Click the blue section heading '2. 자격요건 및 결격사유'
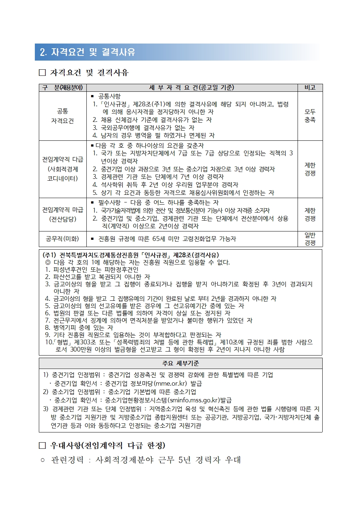(87, 52)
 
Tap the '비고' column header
(310, 88)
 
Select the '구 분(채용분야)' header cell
(62, 88)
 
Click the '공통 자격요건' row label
(62, 116)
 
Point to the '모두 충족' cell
(310, 116)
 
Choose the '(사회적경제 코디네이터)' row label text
(62, 174)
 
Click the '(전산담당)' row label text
(62, 219)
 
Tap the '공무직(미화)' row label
(62, 239)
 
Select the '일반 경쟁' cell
(310, 239)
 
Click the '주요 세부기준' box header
(180, 363)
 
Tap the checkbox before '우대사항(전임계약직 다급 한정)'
(42, 446)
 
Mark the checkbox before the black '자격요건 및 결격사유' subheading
(42, 73)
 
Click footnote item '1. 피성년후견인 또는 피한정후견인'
(92, 270)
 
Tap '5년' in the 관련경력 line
(184, 460)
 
